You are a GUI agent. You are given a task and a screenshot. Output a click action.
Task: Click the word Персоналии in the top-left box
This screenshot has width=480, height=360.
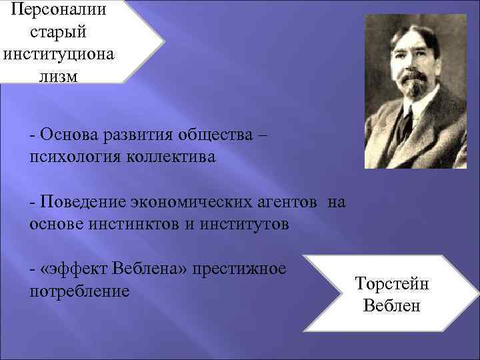pos(58,10)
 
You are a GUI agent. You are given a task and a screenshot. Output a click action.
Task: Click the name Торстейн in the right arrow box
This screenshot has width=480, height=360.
pos(392,284)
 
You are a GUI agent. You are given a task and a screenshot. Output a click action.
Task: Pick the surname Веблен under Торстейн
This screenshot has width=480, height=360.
pos(392,306)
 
